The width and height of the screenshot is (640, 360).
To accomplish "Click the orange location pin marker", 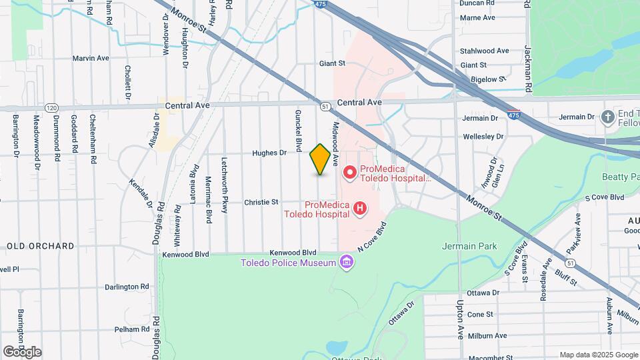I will pyautogui.click(x=320, y=159).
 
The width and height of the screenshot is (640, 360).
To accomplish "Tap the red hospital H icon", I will pyautogui.click(x=360, y=209).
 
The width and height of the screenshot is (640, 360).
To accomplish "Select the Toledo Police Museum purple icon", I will pyautogui.click(x=346, y=261).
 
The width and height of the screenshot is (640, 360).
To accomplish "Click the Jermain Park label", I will pyautogui.click(x=469, y=246).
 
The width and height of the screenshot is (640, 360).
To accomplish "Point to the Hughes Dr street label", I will pyautogui.click(x=269, y=153).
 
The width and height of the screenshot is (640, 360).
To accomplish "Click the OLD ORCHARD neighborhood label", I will pyautogui.click(x=41, y=246).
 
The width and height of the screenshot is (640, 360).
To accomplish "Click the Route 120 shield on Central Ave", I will pyautogui.click(x=51, y=107).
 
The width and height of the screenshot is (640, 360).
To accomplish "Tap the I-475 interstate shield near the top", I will pyautogui.click(x=321, y=4).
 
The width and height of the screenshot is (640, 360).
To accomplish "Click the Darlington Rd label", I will pyautogui.click(x=127, y=287).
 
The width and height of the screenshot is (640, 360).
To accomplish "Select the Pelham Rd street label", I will pyautogui.click(x=131, y=329).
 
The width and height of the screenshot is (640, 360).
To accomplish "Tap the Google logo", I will pyautogui.click(x=22, y=352).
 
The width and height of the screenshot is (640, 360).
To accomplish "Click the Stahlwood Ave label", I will pyautogui.click(x=485, y=51).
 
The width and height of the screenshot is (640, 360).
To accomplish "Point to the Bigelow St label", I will pyautogui.click(x=484, y=79).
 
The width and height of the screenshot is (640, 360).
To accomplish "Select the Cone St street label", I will pyautogui.click(x=480, y=314).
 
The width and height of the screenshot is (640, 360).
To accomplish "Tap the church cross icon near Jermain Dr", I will pyautogui.click(x=607, y=118).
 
